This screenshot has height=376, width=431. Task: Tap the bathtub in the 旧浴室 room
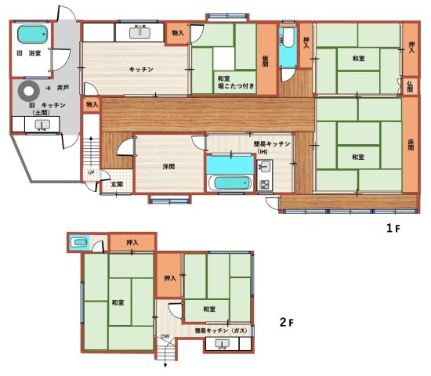pos(32,34)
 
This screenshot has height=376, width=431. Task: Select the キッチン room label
pos(141,70)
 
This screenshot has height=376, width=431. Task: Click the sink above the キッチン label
pos(141,32)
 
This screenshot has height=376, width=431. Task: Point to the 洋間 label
pos(168,166)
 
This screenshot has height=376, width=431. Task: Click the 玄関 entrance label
pos(117,183)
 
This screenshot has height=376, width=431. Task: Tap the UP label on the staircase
pos(91,172)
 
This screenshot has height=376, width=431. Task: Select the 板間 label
pos(266,61)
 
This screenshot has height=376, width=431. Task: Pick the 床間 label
pos(410,146)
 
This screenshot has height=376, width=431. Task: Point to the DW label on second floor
pos(165,337)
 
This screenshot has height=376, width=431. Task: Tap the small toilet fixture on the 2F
pos(78,243)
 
